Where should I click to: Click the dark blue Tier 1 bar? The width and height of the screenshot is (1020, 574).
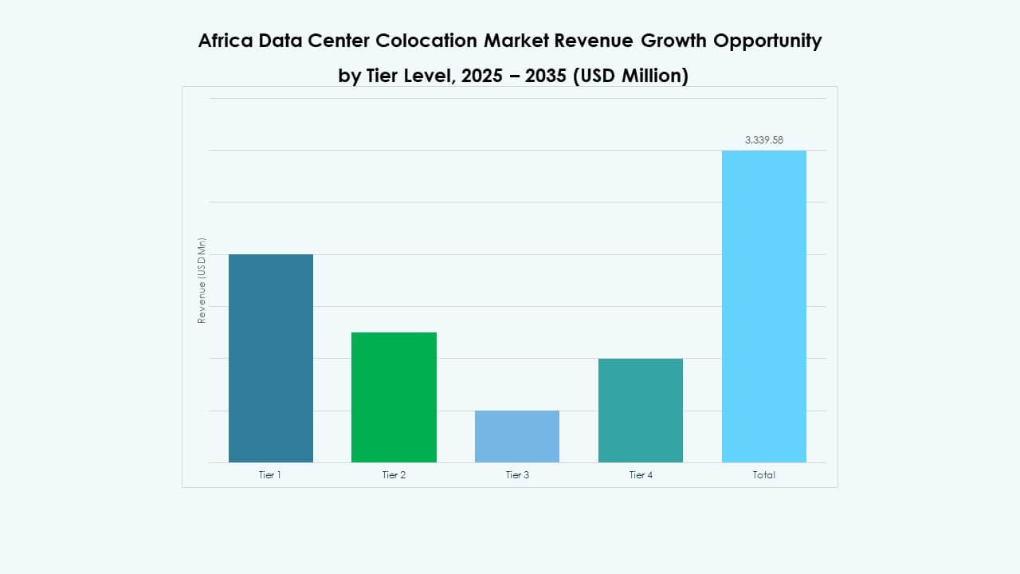tap(271, 358)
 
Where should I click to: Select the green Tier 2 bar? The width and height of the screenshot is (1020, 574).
tap(394, 397)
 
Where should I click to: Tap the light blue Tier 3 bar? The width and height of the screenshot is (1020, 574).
tap(517, 436)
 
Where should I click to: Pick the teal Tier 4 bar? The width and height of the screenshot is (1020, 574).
tap(641, 410)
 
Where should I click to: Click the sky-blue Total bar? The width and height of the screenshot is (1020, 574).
tap(763, 306)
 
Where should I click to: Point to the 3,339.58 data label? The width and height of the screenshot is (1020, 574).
tap(763, 140)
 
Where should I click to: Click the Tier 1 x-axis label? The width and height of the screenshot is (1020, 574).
tap(270, 475)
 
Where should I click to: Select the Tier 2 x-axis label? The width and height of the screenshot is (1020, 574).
tap(394, 475)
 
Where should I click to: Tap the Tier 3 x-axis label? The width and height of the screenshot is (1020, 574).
tap(517, 475)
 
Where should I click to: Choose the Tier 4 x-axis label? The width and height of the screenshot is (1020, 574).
tap(641, 475)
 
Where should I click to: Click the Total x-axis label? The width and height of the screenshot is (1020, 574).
tap(763, 475)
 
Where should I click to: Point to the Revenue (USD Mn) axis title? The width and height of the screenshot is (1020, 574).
tap(202, 281)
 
